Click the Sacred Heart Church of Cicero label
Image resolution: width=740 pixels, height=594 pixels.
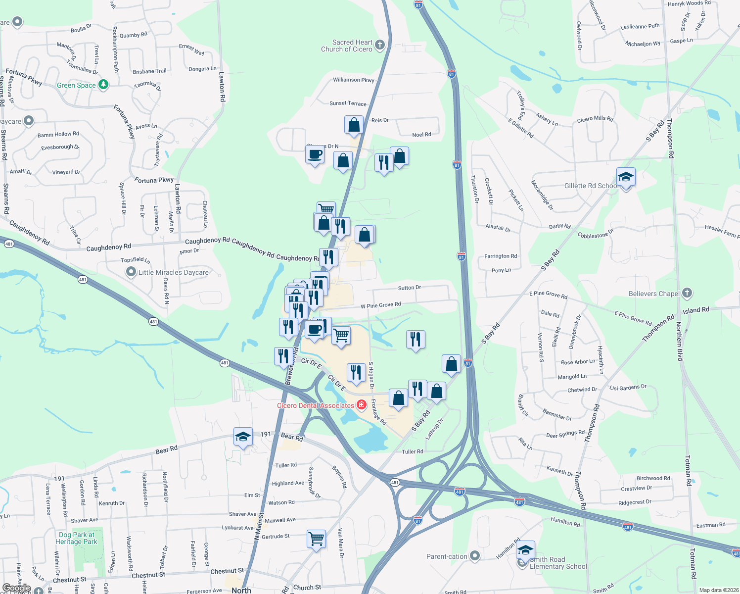(347, 46)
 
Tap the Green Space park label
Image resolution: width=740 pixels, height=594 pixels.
(76, 85)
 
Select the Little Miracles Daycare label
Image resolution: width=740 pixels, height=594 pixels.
(173, 272)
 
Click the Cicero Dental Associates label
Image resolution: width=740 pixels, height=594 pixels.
(316, 405)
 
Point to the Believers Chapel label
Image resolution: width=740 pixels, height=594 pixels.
(654, 294)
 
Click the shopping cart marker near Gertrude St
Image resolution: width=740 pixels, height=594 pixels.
(316, 538)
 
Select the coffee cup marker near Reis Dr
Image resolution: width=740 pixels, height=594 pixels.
(315, 155)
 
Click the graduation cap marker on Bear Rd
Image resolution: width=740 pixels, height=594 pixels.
(242, 437)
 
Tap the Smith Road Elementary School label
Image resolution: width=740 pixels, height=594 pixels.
(558, 563)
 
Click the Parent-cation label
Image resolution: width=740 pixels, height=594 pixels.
(447, 556)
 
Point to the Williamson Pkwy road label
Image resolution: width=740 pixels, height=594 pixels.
(354, 80)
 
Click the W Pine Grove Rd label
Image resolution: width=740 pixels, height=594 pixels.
(380, 305)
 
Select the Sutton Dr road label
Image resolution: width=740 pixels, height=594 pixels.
(410, 288)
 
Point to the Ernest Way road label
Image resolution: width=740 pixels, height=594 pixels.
(191, 49)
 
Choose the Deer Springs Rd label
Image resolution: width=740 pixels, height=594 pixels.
(565, 434)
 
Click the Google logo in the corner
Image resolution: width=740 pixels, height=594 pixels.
(16, 588)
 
